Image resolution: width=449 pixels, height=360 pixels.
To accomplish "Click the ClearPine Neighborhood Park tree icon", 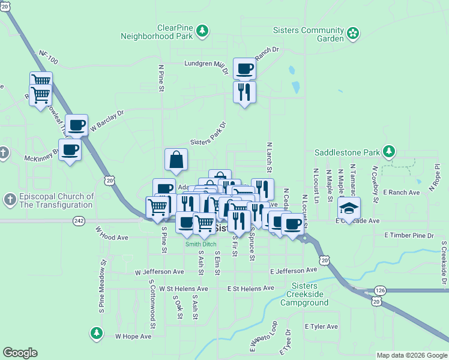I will point(203,31).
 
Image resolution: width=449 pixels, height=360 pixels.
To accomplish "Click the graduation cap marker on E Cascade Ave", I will point(349,208).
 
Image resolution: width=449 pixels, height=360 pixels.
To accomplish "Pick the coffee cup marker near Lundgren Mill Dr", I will point(244,69).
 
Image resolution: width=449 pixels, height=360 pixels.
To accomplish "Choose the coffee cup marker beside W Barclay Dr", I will point(76,125).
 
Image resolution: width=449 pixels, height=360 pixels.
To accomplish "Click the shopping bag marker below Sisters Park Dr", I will point(176,160).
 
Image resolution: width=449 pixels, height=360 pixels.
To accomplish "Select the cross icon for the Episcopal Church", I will point(10,199).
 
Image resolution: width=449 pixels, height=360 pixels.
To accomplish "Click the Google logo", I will point(20,352).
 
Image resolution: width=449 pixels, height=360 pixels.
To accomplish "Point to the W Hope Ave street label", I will point(133,337).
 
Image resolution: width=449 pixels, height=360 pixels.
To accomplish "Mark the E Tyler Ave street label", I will point(321,326).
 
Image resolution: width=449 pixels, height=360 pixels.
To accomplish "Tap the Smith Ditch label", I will point(200,244).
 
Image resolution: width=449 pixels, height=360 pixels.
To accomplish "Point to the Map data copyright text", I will point(411,355).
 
